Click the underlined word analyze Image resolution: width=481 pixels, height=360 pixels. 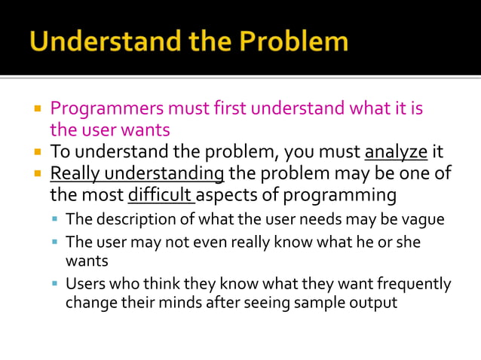[395, 151]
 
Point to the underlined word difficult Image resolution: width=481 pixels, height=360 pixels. [161, 196]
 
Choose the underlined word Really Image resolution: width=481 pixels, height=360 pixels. [75, 174]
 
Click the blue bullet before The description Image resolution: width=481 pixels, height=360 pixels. [56, 221]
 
